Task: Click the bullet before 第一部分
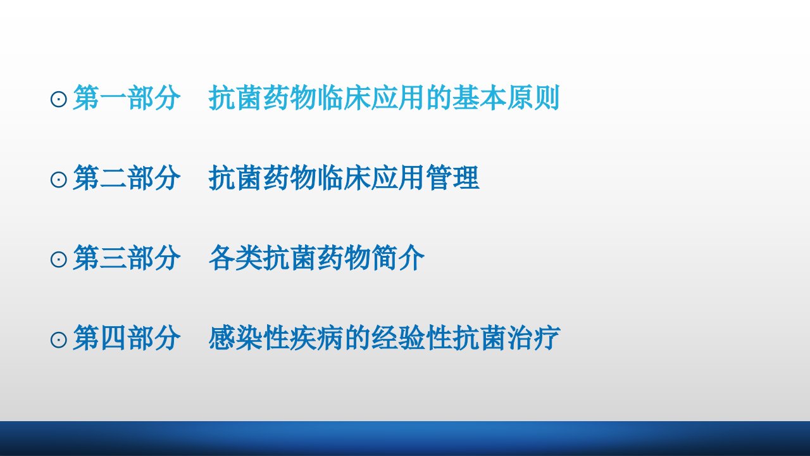[58, 99]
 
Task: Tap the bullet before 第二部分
[58, 179]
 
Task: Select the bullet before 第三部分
[58, 260]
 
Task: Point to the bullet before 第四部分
[58, 340]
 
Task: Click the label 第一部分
[127, 98]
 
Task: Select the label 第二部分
[127, 178]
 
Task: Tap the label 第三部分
[127, 258]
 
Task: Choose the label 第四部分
[127, 338]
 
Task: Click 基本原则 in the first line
[506, 98]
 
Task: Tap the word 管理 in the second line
[452, 178]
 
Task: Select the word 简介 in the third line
[398, 258]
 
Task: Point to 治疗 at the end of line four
[533, 338]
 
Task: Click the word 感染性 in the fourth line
[249, 338]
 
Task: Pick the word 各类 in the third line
[235, 258]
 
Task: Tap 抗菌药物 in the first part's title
[263, 98]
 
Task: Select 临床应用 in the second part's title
[371, 178]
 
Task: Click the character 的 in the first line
[439, 98]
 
